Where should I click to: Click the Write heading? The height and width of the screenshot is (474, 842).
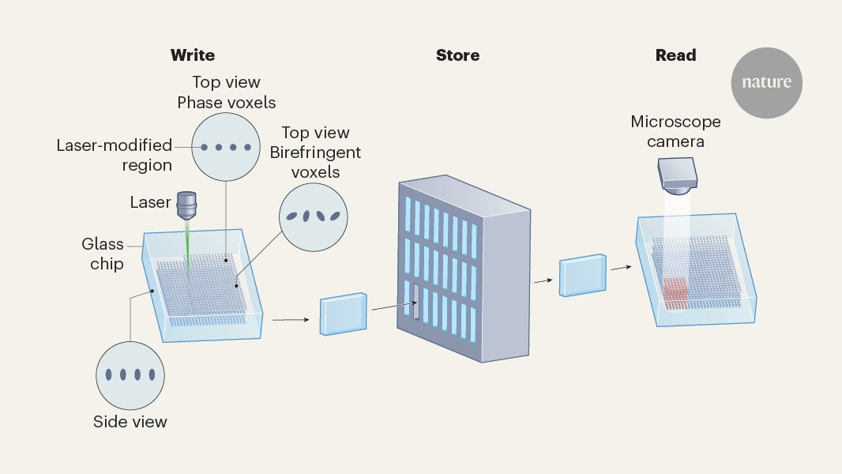coord(193,55)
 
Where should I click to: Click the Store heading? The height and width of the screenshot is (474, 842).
coord(457,55)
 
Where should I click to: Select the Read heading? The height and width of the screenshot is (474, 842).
coord(675,55)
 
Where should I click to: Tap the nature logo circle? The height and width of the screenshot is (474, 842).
coord(766,82)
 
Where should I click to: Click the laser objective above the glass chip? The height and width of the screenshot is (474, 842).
coord(186,207)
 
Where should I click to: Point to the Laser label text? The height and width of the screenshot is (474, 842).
coord(150,202)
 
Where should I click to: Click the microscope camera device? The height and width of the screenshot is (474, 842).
coord(677,175)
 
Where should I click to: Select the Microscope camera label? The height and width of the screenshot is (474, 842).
coord(675,132)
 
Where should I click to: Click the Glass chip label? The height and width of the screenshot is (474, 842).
coord(103,254)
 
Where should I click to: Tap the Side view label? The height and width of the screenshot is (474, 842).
coord(130,422)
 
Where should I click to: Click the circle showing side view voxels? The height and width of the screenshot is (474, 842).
coord(130,375)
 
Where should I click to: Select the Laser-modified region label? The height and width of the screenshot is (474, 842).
coord(115,155)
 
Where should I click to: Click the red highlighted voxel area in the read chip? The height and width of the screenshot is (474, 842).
coord(675,292)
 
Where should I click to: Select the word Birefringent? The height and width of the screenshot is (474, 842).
coord(315,152)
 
